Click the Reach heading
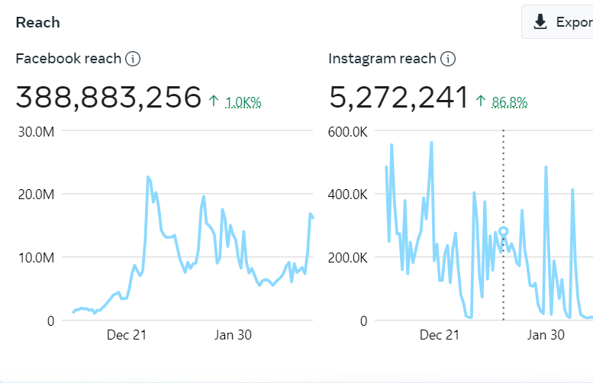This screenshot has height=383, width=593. click(x=37, y=22)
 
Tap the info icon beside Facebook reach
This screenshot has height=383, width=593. click(x=134, y=59)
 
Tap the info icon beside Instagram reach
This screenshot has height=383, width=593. click(x=448, y=59)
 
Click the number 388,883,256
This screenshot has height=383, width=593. click(x=108, y=98)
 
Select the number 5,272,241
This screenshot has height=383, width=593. click(x=398, y=98)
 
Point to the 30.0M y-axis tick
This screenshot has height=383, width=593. click(x=37, y=131)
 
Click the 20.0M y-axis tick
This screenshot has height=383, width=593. click(x=37, y=194)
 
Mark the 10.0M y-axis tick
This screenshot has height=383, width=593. click(x=37, y=257)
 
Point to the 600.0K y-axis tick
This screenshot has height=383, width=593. click(x=348, y=131)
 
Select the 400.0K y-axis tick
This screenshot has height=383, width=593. click(x=348, y=194)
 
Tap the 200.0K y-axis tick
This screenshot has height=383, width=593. click(x=348, y=257)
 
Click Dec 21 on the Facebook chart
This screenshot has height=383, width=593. click(x=127, y=335)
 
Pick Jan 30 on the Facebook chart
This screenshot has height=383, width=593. click(x=233, y=335)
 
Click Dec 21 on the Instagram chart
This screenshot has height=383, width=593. click(x=440, y=335)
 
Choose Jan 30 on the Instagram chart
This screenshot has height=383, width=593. click(x=546, y=335)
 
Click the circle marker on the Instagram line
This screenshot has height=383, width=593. click(x=503, y=231)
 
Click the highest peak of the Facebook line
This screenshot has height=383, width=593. click(x=148, y=177)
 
